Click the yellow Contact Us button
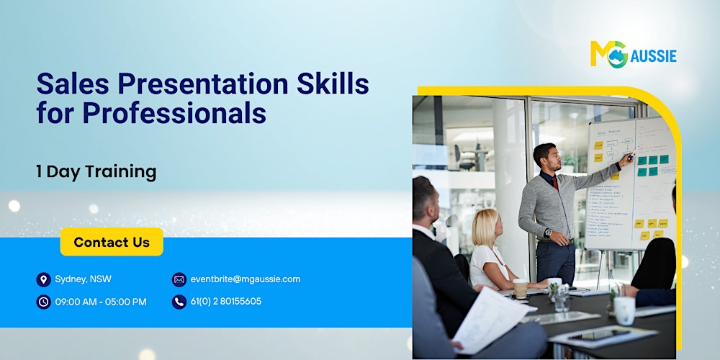click(x=112, y=242)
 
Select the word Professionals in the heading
click(x=174, y=113)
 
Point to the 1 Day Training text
click(x=96, y=171)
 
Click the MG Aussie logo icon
click(x=608, y=55)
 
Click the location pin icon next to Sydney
click(x=43, y=279)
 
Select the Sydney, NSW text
click(x=84, y=279)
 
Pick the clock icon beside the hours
click(x=43, y=302)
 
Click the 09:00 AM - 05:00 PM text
click(x=101, y=302)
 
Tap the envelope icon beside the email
click(x=179, y=279)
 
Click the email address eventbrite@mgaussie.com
click(x=246, y=279)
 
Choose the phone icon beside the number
click(x=179, y=302)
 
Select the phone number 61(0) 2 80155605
click(x=226, y=302)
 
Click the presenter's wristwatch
click(x=549, y=233)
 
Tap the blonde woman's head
click(x=485, y=226)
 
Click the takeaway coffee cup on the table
click(x=520, y=289)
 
